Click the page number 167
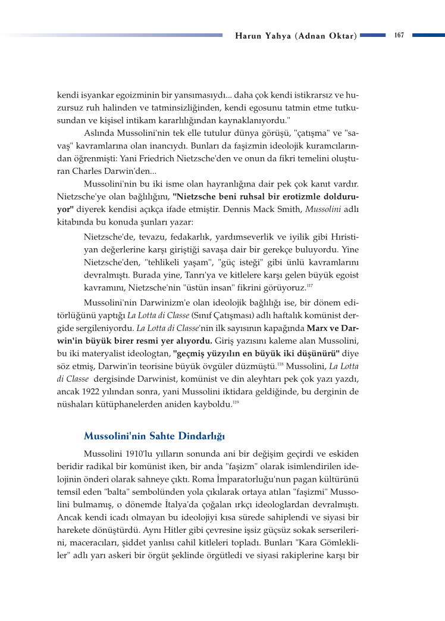coord(399,35)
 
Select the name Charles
coord(71,170)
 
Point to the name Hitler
coord(182,530)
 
